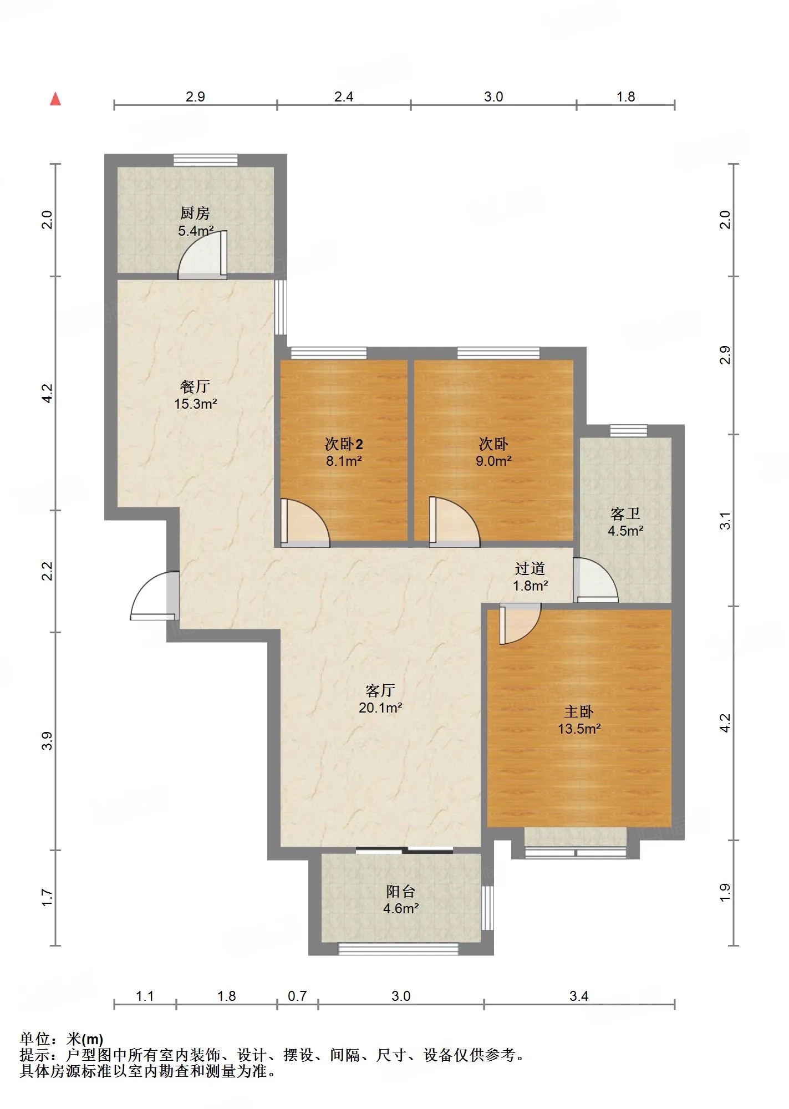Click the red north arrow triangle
(x=55, y=99)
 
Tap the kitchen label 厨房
(x=195, y=213)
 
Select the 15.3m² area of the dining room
(x=195, y=404)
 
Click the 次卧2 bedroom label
(x=344, y=444)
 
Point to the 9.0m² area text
(x=493, y=460)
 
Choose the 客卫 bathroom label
(x=625, y=513)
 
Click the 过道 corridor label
(x=530, y=568)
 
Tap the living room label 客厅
(x=380, y=690)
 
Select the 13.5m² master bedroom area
(x=579, y=729)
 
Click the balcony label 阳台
(x=400, y=892)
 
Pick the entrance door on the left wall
(x=155, y=595)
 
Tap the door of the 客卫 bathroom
(x=595, y=579)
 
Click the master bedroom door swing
(x=520, y=624)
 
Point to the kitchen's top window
(x=206, y=160)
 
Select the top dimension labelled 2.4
(x=344, y=97)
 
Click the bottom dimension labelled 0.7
(x=297, y=996)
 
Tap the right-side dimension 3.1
(x=725, y=521)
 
